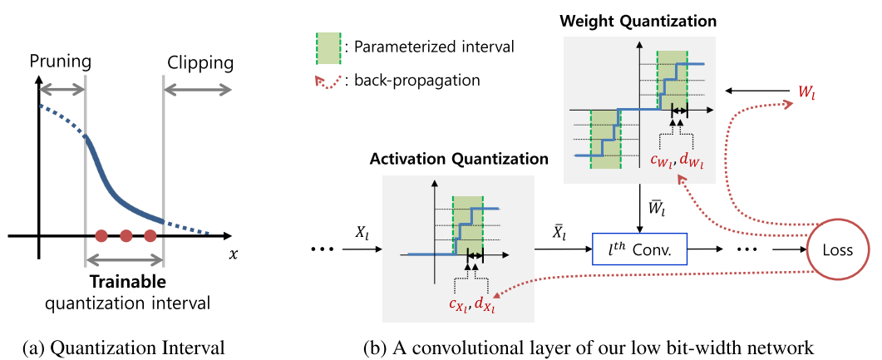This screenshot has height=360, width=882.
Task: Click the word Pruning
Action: (60, 62)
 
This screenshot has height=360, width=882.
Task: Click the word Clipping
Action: (200, 62)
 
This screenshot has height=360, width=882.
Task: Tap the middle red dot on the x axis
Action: (126, 235)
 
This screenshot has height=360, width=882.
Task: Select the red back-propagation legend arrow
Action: (325, 80)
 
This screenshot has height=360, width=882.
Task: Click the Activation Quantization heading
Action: (459, 158)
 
